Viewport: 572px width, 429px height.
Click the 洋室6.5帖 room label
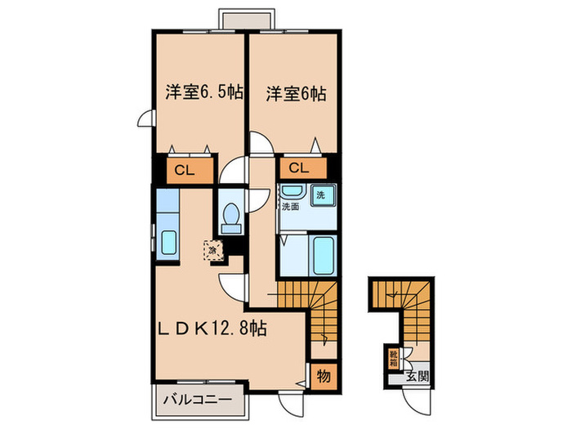pos(198,93)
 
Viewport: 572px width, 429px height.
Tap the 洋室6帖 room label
pos(295,94)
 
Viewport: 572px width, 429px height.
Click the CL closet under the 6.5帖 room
pos(184,172)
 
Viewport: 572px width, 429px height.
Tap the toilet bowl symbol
pos(230,217)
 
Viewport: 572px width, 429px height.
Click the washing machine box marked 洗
pos(322,195)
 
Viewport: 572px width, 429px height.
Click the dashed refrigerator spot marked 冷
pos(212,249)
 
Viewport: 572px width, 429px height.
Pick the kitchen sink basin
pos(169,242)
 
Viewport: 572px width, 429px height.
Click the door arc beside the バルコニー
pos(288,398)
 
